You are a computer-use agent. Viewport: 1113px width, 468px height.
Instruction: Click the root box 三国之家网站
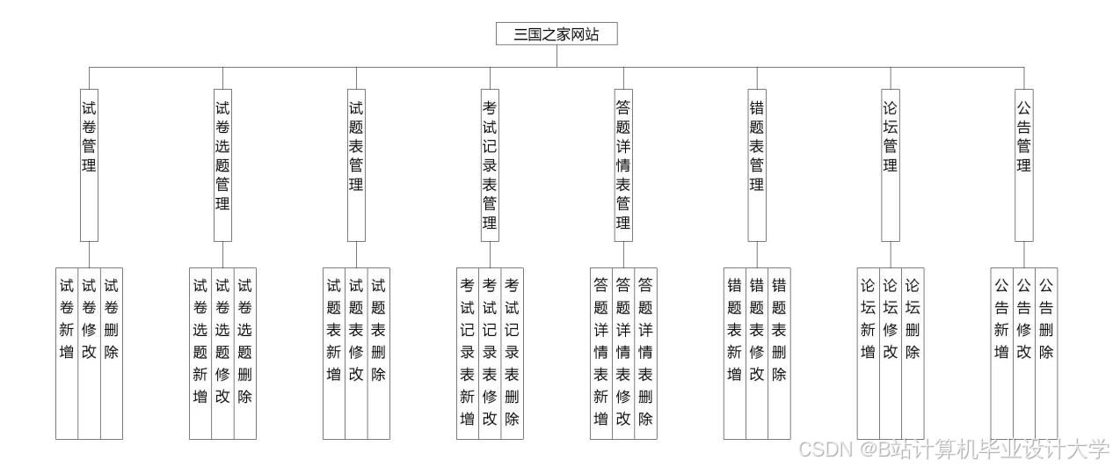pyautogui.click(x=556, y=34)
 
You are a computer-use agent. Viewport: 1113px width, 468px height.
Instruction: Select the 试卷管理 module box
pyautogui.click(x=89, y=165)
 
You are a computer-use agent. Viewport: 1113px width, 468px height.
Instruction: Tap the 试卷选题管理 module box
pyautogui.click(x=222, y=165)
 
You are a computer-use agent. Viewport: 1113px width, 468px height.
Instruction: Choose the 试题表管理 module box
pyautogui.click(x=356, y=165)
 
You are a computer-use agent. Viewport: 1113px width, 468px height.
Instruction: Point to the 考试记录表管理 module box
pyautogui.click(x=490, y=165)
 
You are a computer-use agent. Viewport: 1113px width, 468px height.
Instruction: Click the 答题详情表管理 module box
pyautogui.click(x=623, y=165)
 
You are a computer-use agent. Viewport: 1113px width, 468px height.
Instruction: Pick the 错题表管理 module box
pyautogui.click(x=757, y=165)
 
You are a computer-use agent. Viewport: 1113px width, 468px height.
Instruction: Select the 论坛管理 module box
pyautogui.click(x=891, y=165)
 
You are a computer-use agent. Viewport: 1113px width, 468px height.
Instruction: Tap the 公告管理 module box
pyautogui.click(x=1024, y=165)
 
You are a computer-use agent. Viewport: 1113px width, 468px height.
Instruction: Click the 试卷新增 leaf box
pyautogui.click(x=67, y=353)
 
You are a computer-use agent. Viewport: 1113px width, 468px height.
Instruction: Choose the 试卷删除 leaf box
pyautogui.click(x=112, y=353)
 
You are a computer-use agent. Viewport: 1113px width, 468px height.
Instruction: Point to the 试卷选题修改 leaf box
pyautogui.click(x=222, y=353)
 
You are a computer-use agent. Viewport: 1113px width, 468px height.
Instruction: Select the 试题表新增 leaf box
pyautogui.click(x=334, y=353)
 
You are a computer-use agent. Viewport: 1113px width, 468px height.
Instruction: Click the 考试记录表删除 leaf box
pyautogui.click(x=513, y=353)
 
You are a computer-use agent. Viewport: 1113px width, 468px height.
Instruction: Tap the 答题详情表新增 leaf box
pyautogui.click(x=601, y=353)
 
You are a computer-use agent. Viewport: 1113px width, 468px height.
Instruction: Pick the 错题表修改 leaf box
pyautogui.click(x=757, y=353)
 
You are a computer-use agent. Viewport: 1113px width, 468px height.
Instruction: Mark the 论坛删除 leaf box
pyautogui.click(x=913, y=353)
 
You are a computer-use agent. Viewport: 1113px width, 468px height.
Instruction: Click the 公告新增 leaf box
pyautogui.click(x=1001, y=353)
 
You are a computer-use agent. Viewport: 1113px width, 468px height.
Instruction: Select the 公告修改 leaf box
pyautogui.click(x=1024, y=353)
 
